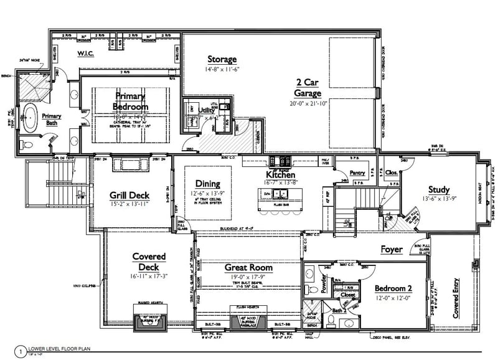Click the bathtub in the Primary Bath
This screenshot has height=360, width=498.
(29, 116)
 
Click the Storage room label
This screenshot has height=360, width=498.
(222, 60)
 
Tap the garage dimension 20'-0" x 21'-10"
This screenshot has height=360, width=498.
(310, 103)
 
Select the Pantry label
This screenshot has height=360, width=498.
(357, 173)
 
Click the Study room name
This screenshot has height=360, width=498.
(438, 189)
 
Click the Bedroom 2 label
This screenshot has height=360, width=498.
(394, 288)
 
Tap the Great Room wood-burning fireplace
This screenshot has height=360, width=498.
(248, 323)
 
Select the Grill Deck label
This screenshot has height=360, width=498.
(129, 195)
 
